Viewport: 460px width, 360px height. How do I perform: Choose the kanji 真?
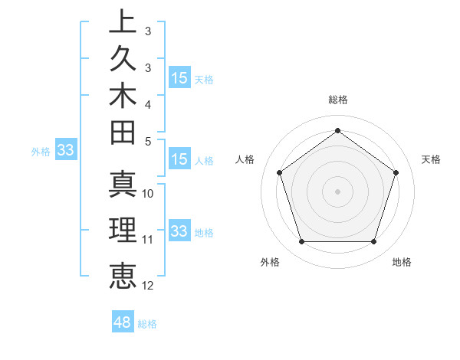click(122, 184)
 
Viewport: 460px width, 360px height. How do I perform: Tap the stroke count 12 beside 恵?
click(148, 286)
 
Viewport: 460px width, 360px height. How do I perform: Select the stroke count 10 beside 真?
click(148, 194)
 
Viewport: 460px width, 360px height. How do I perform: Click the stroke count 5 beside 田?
click(148, 141)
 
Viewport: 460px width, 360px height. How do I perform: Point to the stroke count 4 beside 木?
click(148, 103)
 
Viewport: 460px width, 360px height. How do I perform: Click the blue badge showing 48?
click(123, 322)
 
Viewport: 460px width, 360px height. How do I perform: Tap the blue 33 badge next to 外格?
click(65, 150)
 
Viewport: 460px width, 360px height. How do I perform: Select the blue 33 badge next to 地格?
click(179, 231)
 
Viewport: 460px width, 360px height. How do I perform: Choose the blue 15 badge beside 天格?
click(179, 78)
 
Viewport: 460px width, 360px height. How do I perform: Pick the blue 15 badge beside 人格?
click(179, 160)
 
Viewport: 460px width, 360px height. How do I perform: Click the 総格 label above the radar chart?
click(337, 100)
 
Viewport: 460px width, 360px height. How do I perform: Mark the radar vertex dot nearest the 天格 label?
click(396, 172)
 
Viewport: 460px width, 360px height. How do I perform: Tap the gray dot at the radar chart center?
click(337, 191)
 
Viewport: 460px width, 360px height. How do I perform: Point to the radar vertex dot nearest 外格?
click(301, 242)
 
